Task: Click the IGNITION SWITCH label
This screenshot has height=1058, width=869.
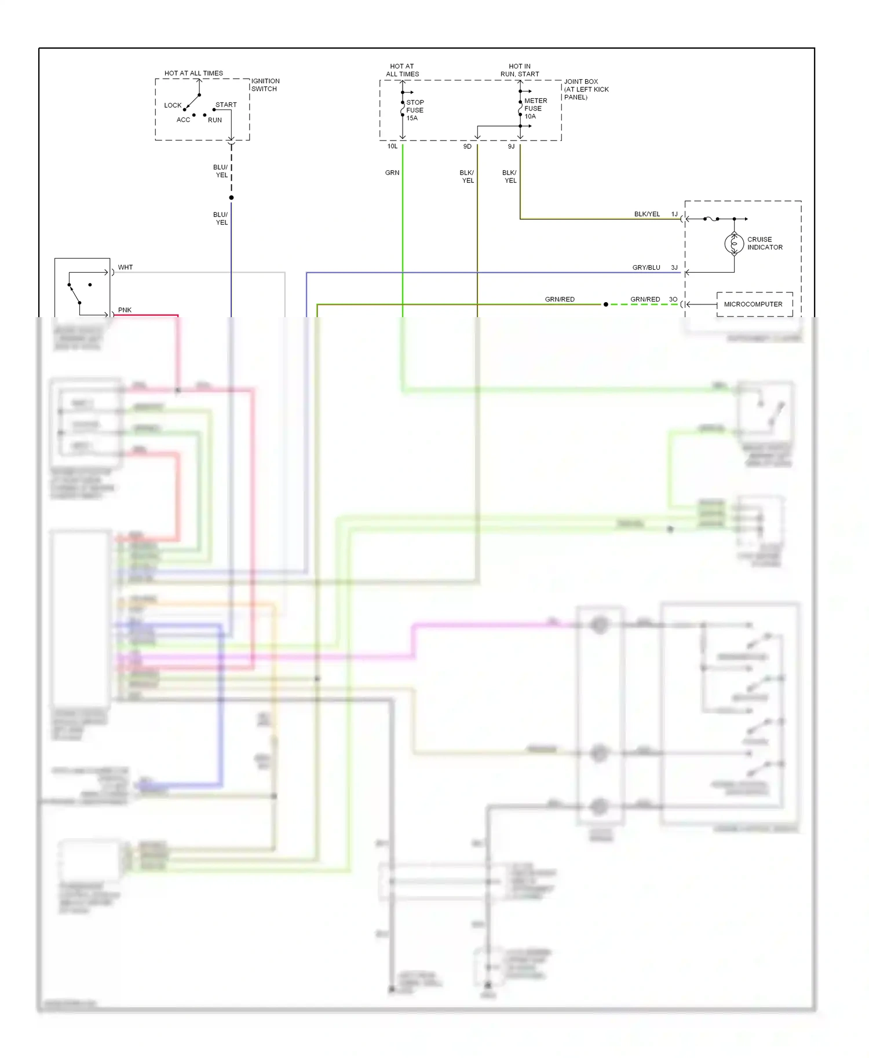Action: click(265, 85)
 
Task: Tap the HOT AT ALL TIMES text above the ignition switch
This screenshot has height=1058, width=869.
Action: click(193, 74)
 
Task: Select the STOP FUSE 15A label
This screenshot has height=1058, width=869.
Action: click(415, 110)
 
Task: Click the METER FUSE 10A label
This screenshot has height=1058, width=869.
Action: click(535, 108)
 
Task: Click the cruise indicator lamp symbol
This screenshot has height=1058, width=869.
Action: click(734, 244)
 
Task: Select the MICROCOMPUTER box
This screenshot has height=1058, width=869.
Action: click(754, 304)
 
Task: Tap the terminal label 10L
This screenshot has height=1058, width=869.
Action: click(392, 146)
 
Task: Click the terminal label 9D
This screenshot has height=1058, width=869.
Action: click(467, 146)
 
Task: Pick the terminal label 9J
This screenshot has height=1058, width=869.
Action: click(511, 146)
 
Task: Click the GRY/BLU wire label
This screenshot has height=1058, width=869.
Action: click(646, 267)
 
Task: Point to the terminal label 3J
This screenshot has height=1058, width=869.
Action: click(674, 267)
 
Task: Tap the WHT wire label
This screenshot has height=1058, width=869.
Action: click(125, 267)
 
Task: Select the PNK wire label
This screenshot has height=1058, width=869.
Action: click(125, 310)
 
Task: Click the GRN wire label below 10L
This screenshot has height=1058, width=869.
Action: click(392, 172)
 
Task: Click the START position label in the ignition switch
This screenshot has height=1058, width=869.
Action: click(226, 105)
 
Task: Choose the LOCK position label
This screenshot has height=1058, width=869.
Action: click(173, 105)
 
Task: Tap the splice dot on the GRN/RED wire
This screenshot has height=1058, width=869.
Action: click(606, 304)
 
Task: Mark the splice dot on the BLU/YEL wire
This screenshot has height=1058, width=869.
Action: click(231, 198)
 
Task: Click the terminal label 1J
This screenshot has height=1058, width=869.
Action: click(674, 214)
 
